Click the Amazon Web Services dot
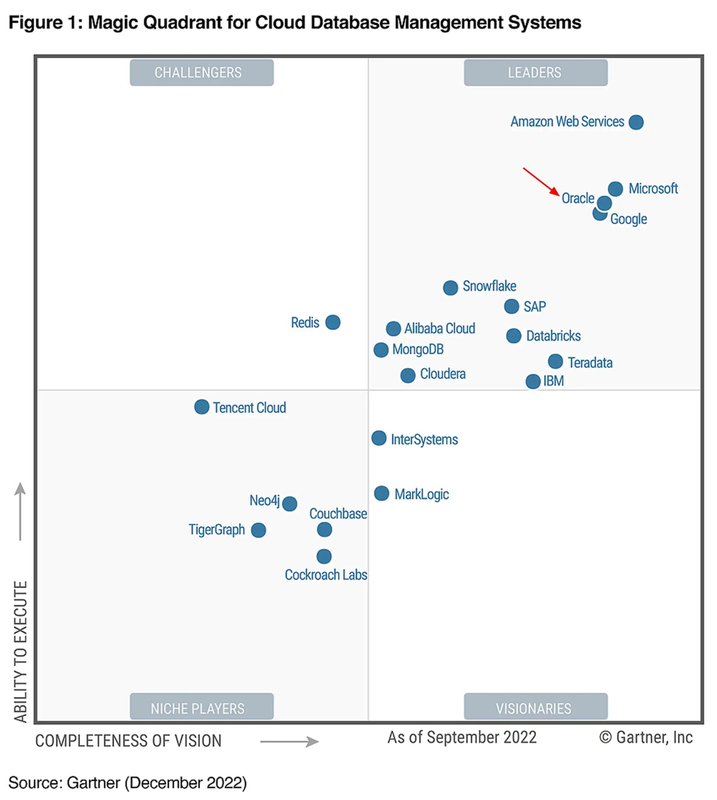pyautogui.click(x=636, y=122)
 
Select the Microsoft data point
pyautogui.click(x=615, y=189)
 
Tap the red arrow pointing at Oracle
pyautogui.click(x=541, y=182)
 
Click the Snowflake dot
pyautogui.click(x=450, y=287)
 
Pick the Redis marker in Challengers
pyautogui.click(x=333, y=322)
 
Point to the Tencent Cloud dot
pyautogui.click(x=202, y=407)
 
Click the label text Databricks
pyautogui.click(x=553, y=336)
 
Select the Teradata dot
pyautogui.click(x=555, y=361)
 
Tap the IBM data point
pyautogui.click(x=533, y=382)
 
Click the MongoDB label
pyautogui.click(x=418, y=350)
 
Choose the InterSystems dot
pyautogui.click(x=379, y=438)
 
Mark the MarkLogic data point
pyautogui.click(x=381, y=494)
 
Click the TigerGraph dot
pyautogui.click(x=258, y=530)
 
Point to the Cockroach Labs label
pyautogui.click(x=326, y=575)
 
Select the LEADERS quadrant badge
pyautogui.click(x=535, y=73)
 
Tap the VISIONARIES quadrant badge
pyautogui.click(x=535, y=708)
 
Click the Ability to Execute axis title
pyautogui.click(x=21, y=652)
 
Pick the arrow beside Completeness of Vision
pyautogui.click(x=289, y=742)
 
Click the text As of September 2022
pyautogui.click(x=462, y=737)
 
